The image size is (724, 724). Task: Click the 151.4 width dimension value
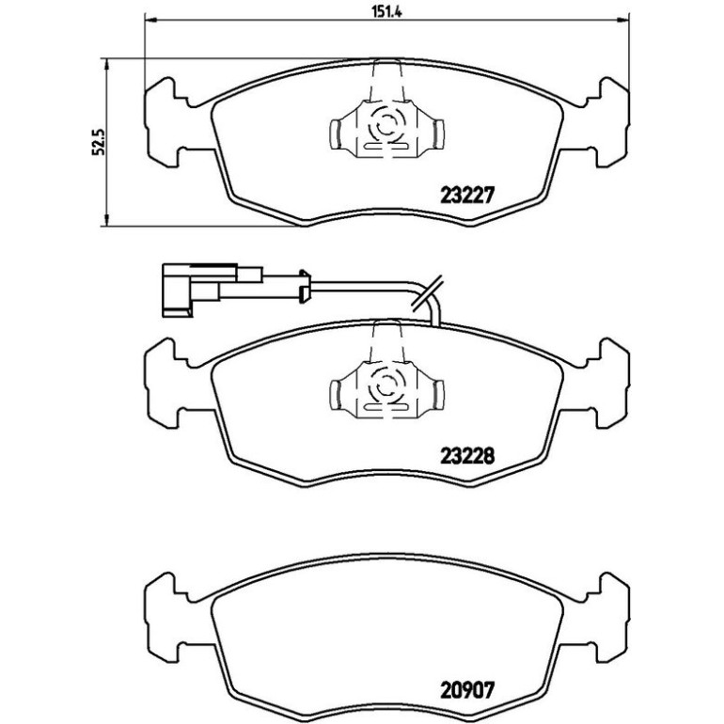[387, 12]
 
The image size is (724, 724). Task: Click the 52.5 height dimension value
[100, 142]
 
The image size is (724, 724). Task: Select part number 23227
[467, 195]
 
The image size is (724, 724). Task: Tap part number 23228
[467, 456]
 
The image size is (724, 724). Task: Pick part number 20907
[467, 690]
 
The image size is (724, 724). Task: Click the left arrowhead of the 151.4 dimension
[151, 20]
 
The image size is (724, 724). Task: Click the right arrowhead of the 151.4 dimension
[622, 20]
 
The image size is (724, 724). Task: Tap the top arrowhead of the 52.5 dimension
[107, 64]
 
